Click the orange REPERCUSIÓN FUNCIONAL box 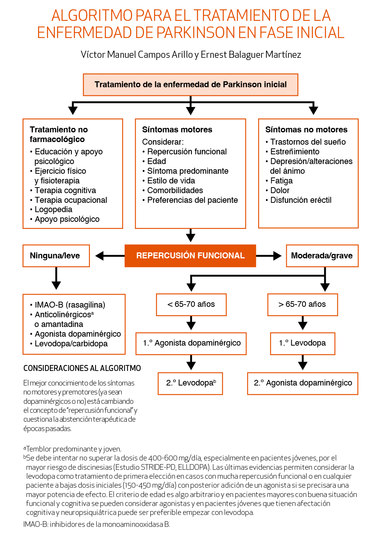click(190, 256)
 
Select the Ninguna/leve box click(56, 256)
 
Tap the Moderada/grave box click(322, 256)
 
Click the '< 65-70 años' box click(191, 305)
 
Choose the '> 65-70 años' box click(302, 305)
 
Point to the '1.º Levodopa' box click(303, 343)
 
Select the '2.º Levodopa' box click(190, 383)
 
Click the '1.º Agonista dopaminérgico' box click(191, 343)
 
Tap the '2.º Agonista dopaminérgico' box click(303, 383)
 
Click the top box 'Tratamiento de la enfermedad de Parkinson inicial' click(190, 85)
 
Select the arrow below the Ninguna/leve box click(56, 278)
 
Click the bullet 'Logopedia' click(53, 210)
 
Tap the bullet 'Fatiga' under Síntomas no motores click(281, 181)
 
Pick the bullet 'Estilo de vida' click(171, 181)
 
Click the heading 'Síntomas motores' click(177, 130)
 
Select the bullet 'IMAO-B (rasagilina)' click(70, 305)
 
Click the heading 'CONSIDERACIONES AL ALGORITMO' click(82, 368)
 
